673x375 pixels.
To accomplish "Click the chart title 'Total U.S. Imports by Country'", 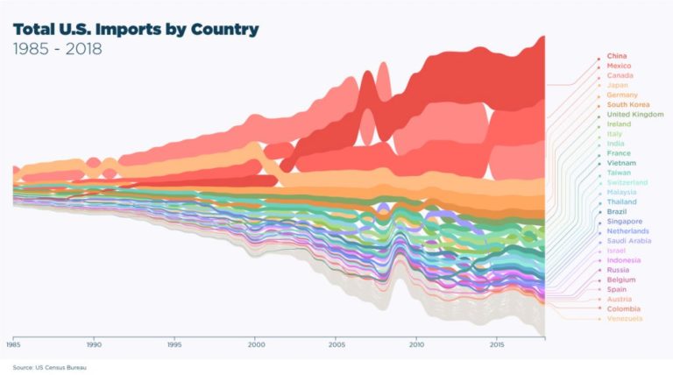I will (x=136, y=30).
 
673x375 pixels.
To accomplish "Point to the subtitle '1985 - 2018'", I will (x=57, y=49).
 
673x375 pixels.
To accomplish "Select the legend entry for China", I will (x=617, y=56).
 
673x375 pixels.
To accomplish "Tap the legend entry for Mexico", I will (x=619, y=66).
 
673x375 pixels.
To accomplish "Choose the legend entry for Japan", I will (x=617, y=85).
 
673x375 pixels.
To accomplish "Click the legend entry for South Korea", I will (x=627, y=104).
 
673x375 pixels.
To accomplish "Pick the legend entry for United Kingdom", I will (x=634, y=115).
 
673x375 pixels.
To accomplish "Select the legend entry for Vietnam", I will (x=620, y=163).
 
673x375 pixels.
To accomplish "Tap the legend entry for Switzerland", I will (x=627, y=182).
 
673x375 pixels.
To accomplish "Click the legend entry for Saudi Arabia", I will (x=628, y=241).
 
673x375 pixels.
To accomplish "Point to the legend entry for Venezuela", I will (x=624, y=318).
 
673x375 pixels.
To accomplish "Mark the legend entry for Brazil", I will (x=616, y=212).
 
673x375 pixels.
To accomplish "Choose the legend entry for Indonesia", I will (x=623, y=260).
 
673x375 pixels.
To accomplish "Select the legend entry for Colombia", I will (x=623, y=308).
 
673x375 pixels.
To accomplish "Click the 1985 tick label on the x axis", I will (x=13, y=344).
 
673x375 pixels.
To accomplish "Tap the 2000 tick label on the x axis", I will (x=255, y=344).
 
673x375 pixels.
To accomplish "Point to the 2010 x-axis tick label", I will (x=416, y=344).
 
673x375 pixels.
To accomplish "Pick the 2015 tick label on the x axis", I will (x=497, y=344).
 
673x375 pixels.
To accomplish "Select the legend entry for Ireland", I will (x=618, y=124).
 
